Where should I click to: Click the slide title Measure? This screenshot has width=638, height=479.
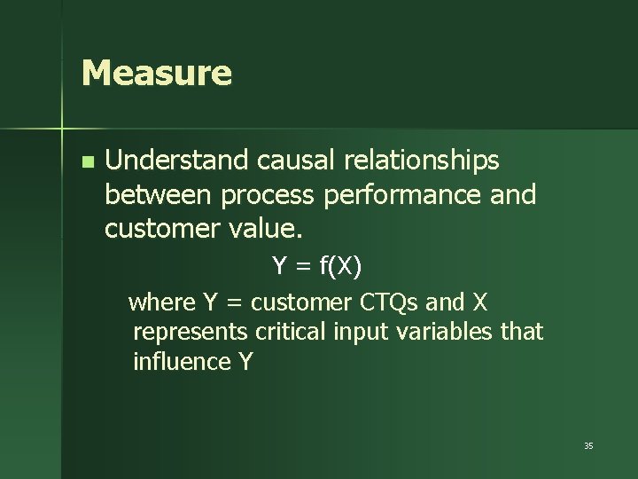pyautogui.click(x=156, y=73)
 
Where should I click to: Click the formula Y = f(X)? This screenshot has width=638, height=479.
pyautogui.click(x=316, y=265)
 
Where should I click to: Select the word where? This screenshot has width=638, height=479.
pyautogui.click(x=162, y=302)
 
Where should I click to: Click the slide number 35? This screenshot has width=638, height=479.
pyautogui.click(x=588, y=445)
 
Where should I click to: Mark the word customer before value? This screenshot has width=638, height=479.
pyautogui.click(x=160, y=229)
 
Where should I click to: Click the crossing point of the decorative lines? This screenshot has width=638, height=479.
pyautogui.click(x=62, y=130)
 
